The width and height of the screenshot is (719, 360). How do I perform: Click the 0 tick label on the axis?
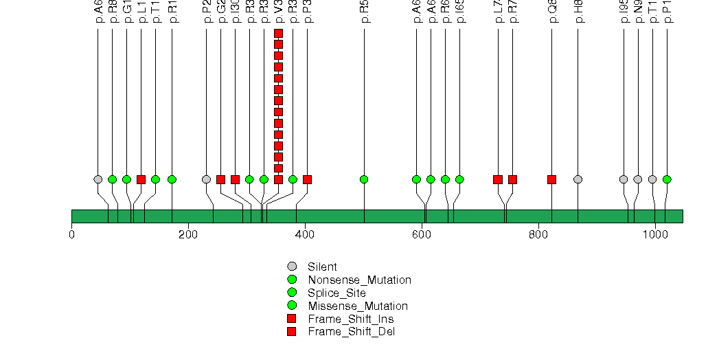71,234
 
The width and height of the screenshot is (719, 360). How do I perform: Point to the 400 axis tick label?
304,234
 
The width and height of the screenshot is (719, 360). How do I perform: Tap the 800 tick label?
538,234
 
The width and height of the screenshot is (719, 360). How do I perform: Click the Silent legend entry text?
322,267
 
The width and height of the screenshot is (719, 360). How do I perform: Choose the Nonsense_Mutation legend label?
359,280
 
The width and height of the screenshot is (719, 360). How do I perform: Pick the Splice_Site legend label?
336,293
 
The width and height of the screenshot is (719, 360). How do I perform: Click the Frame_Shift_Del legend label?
351,332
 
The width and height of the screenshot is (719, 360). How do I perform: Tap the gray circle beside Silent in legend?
292,267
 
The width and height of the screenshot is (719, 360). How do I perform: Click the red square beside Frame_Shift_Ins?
292,319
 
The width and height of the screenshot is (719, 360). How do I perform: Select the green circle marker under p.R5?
364,179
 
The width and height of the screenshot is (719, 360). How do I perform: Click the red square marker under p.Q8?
551,179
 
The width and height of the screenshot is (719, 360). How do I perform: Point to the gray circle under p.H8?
578,179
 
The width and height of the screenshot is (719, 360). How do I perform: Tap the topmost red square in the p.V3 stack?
278,33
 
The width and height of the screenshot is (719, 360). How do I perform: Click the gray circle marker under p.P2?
206,179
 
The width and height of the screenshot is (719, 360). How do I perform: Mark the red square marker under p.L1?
141,179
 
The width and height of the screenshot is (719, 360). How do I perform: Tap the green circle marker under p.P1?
667,179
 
